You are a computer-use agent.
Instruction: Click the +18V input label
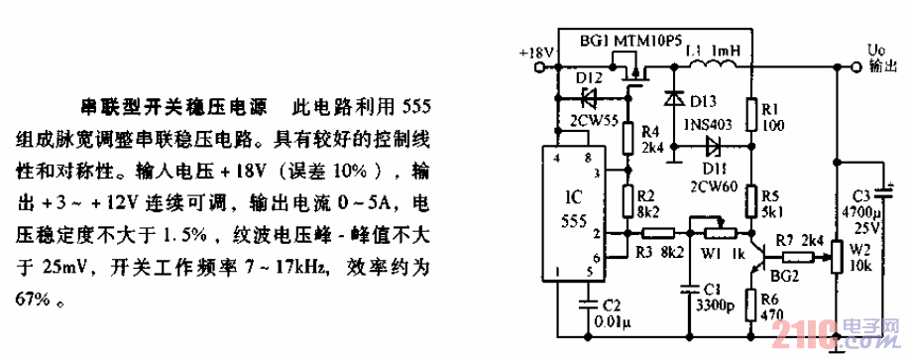coord(535,51)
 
